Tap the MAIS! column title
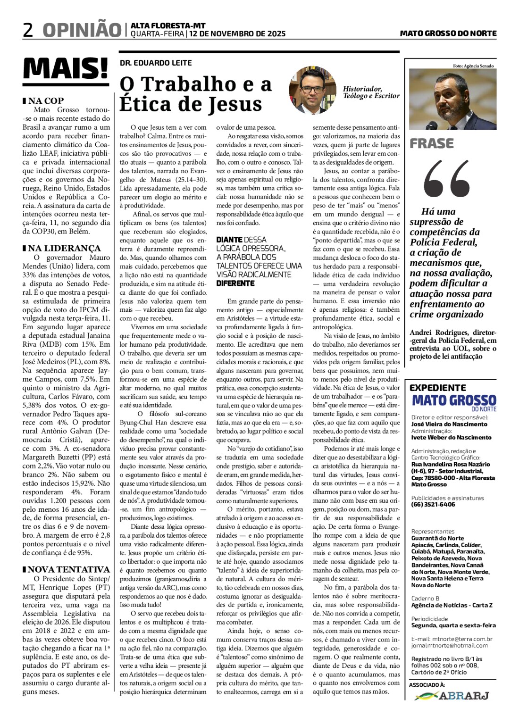66,69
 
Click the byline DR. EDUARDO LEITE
156,63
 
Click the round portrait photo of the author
311,90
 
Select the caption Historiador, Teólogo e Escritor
371,92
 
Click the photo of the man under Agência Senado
452,100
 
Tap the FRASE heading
431,143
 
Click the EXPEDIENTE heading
437,388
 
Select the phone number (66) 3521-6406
433,504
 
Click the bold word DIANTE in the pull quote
229,240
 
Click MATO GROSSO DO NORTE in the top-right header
448,33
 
